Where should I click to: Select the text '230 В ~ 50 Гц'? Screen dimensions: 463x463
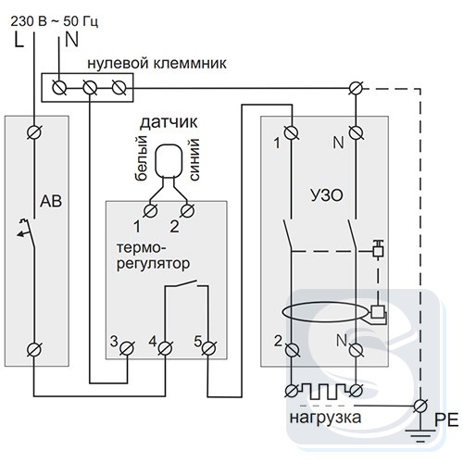(x=55, y=21)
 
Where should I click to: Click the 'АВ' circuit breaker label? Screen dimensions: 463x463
(x=51, y=201)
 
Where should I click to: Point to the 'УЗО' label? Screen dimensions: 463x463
(x=327, y=195)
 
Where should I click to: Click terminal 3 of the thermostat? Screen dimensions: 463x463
(x=127, y=349)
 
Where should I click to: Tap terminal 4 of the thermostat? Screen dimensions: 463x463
(x=165, y=349)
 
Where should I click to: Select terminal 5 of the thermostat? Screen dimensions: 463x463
(x=208, y=349)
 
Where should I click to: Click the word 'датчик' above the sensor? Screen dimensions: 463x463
(x=169, y=122)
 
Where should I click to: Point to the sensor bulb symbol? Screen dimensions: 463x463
(x=169, y=161)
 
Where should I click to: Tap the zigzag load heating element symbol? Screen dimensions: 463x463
(x=323, y=391)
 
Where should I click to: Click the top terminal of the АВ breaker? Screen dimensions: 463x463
(x=34, y=132)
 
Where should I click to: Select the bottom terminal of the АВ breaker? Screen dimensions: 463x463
(x=34, y=350)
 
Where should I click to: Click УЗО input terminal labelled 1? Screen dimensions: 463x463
(x=291, y=132)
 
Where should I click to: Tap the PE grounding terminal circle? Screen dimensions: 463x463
(x=419, y=406)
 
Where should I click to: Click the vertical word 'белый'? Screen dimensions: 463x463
(x=141, y=158)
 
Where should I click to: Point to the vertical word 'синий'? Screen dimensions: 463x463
(x=194, y=159)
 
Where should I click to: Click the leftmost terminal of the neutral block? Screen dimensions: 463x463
(x=58, y=88)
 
